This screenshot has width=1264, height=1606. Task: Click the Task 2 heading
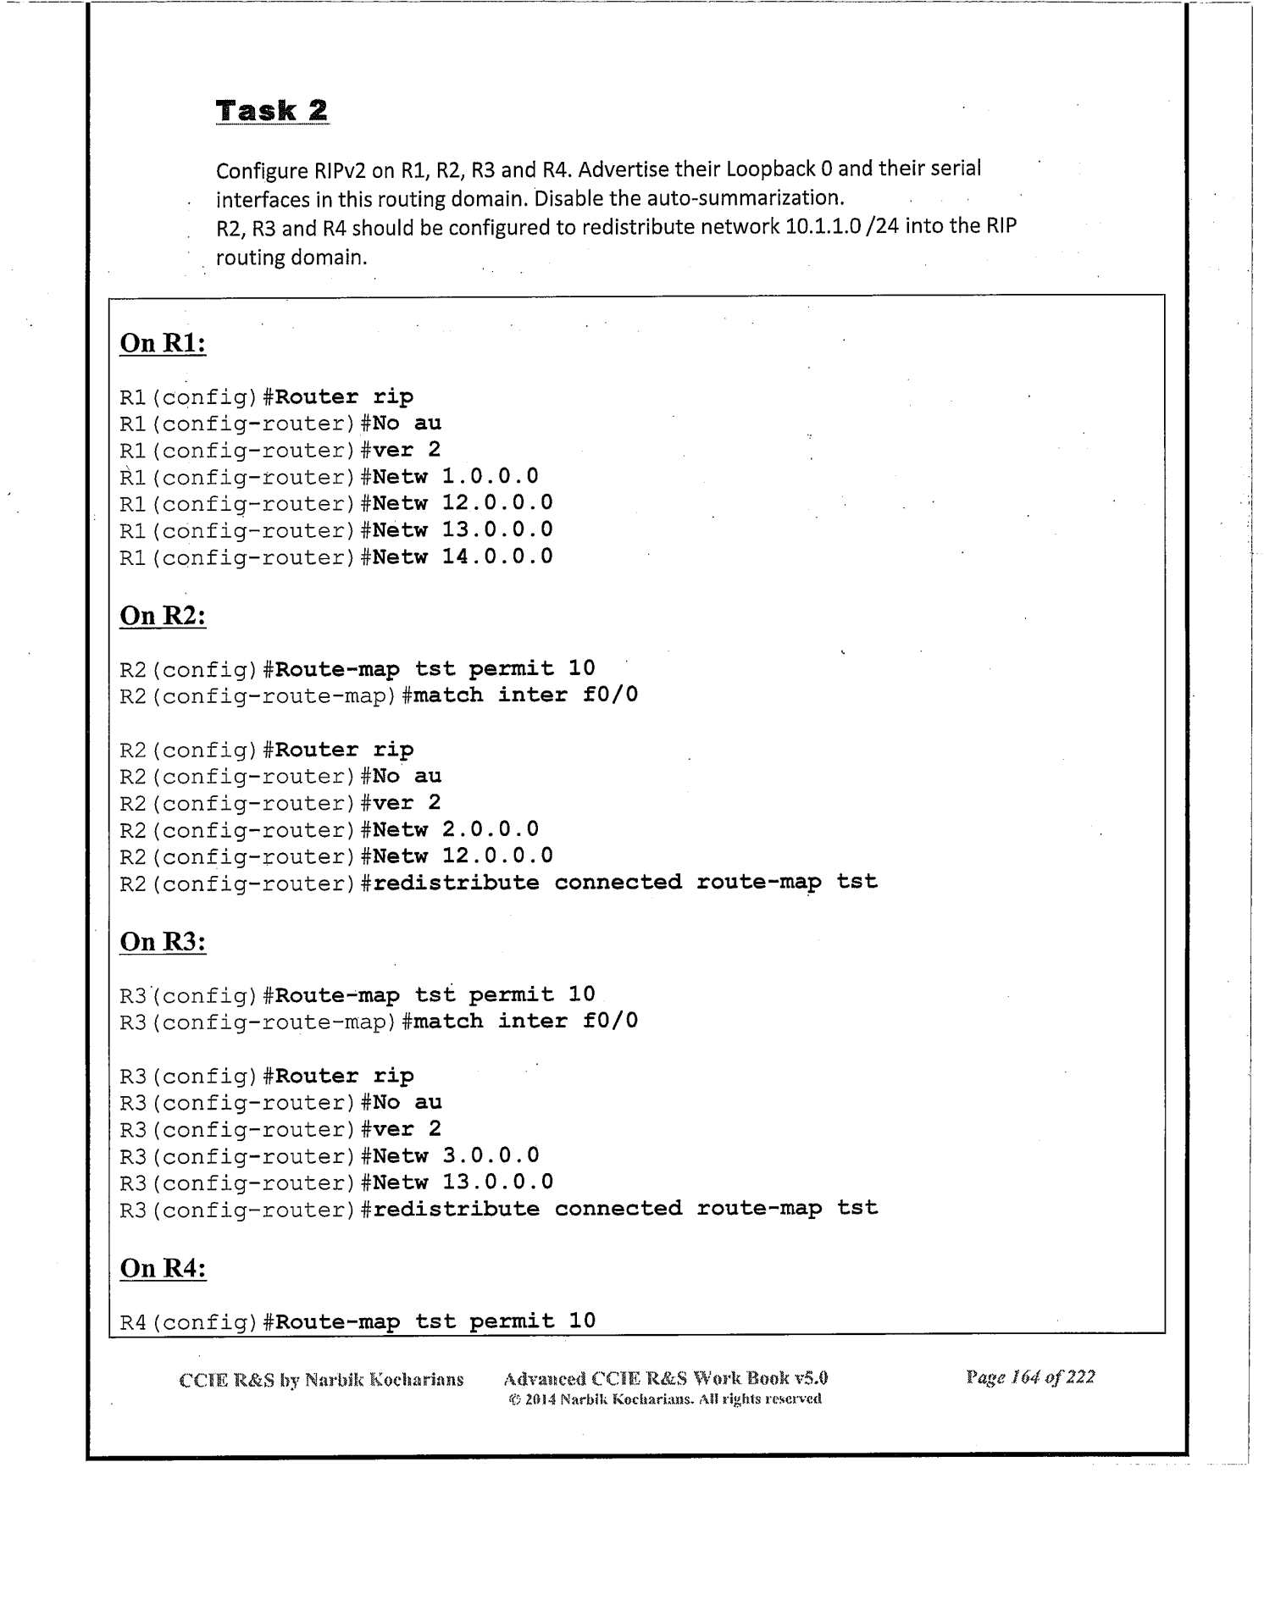(272, 111)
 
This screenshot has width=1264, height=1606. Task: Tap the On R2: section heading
(164, 616)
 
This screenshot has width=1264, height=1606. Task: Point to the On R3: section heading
(164, 942)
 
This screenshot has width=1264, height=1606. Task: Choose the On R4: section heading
(164, 1268)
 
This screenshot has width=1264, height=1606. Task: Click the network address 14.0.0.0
(497, 557)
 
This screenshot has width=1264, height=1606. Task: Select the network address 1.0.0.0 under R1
(491, 476)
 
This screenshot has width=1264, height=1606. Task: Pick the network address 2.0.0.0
(491, 829)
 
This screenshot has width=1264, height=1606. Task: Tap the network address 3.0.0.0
(491, 1155)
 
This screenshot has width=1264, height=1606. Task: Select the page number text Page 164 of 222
(1030, 1376)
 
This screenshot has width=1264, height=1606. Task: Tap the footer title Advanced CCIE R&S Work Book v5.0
(665, 1378)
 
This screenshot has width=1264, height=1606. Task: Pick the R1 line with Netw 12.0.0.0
(336, 503)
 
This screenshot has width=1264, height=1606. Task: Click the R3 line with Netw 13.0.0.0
(336, 1182)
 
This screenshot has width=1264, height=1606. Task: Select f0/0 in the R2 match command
(610, 695)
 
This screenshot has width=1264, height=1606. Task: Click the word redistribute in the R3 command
(456, 1209)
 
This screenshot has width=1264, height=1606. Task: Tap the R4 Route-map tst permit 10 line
(358, 1321)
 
